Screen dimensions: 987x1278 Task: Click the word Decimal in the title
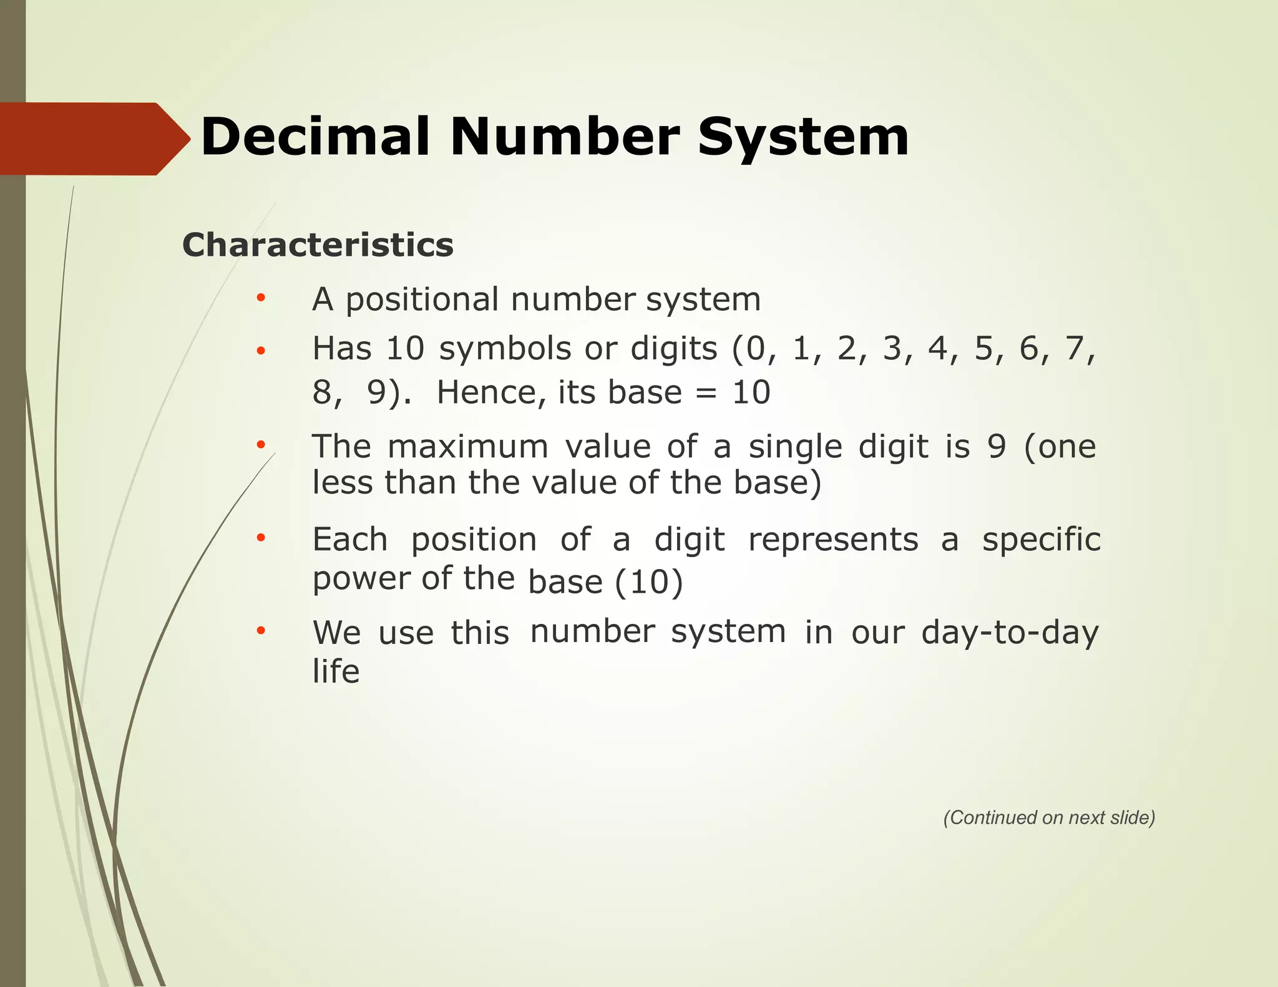click(x=315, y=137)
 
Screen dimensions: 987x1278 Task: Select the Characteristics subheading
click(x=318, y=245)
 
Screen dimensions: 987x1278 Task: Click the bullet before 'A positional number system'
click(x=261, y=298)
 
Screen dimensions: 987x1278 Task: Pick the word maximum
click(x=467, y=447)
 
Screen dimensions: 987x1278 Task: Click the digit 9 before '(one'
click(x=997, y=447)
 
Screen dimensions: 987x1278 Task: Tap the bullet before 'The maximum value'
click(x=261, y=445)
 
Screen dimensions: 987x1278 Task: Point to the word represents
click(x=833, y=540)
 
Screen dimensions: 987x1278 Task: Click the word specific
click(x=1041, y=540)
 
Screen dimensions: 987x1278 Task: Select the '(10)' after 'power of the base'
click(x=649, y=583)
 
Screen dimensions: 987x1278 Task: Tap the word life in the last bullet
click(x=336, y=672)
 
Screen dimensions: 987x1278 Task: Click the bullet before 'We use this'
click(x=261, y=631)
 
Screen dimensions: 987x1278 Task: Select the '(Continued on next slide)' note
click(x=1049, y=818)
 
